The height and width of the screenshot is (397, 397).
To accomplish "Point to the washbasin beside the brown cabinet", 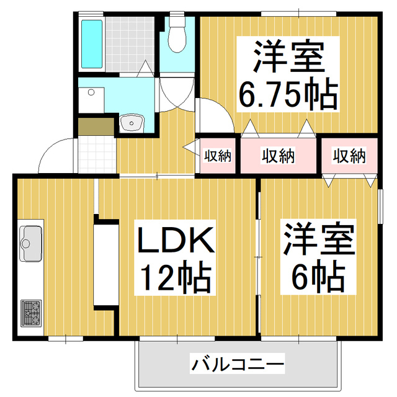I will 131,123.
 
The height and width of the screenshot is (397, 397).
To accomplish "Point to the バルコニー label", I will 237,363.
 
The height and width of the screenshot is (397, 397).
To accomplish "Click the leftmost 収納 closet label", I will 218,155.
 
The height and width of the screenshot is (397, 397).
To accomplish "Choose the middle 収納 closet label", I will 277,155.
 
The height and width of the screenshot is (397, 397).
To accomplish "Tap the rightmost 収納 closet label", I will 349,155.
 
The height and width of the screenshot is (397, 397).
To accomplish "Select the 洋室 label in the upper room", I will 288,57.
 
